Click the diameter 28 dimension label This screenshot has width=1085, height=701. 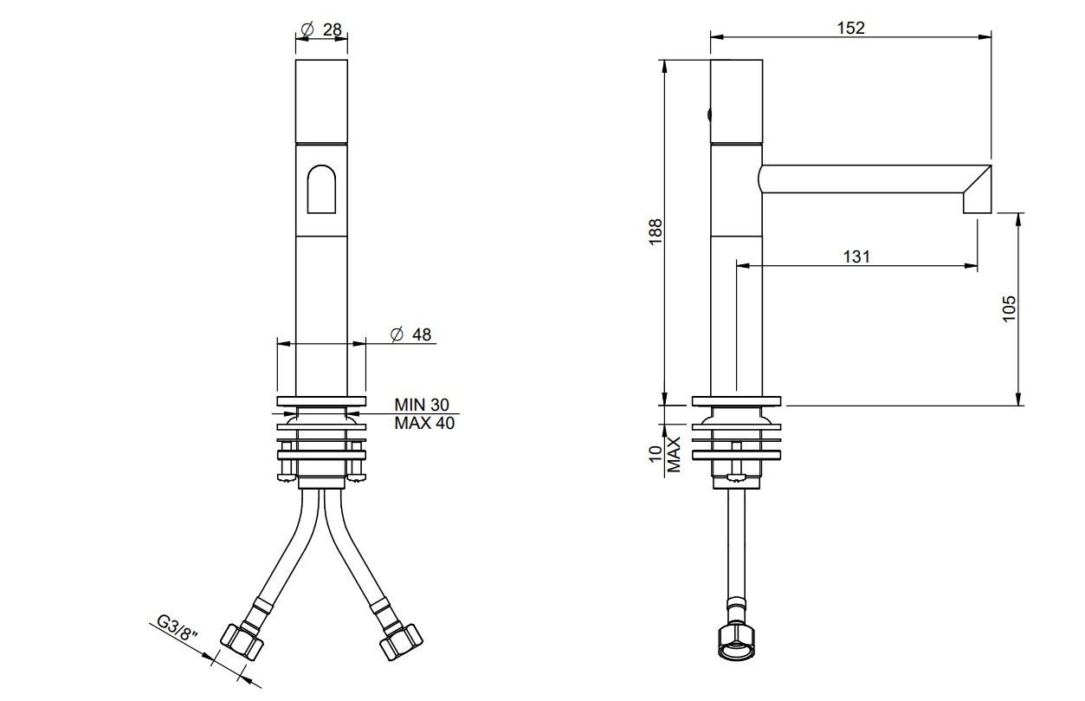click(321, 29)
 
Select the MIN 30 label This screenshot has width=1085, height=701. click(422, 405)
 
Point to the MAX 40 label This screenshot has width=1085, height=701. click(423, 423)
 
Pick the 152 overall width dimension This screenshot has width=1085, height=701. click(850, 28)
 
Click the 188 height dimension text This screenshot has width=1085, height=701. click(656, 232)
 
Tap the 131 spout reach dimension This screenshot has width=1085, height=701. click(856, 256)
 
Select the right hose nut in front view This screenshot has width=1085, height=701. click(401, 640)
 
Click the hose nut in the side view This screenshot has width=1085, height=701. click(736, 642)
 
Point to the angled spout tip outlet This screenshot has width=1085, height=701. click(978, 192)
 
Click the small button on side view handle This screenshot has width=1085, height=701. click(709, 114)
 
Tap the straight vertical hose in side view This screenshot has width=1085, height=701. click(736, 546)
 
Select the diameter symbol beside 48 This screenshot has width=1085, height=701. click(397, 334)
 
